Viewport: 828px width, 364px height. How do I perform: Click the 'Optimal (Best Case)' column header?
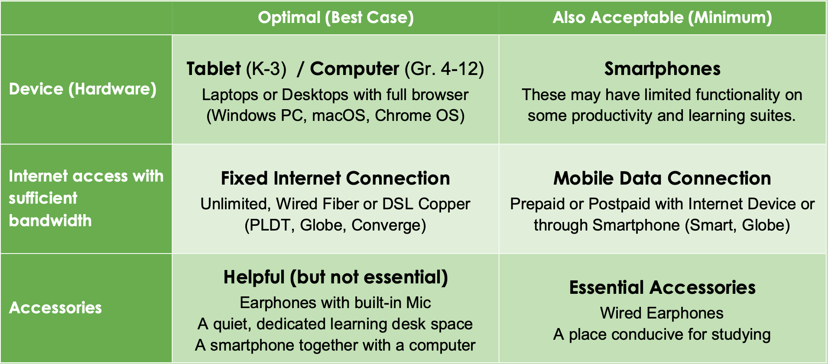pyautogui.click(x=336, y=18)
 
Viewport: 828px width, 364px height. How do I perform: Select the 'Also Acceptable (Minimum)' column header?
pyautogui.click(x=662, y=18)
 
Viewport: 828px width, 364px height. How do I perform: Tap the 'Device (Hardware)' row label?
pyautogui.click(x=83, y=89)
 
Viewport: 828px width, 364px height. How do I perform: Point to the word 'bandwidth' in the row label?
pyautogui.click(x=50, y=221)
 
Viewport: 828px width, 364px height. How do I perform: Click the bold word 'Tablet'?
pyautogui.click(x=214, y=69)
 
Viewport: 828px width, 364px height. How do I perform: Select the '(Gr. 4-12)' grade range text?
pyautogui.click(x=445, y=69)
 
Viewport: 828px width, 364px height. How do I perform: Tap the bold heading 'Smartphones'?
pyautogui.click(x=662, y=69)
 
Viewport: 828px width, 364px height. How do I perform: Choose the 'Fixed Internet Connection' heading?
pyautogui.click(x=335, y=179)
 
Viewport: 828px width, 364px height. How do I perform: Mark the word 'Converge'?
pyautogui.click(x=386, y=225)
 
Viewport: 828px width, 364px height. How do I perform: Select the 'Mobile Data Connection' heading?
pyautogui.click(x=662, y=179)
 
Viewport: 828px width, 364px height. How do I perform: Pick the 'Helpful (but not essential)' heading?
pyautogui.click(x=336, y=277)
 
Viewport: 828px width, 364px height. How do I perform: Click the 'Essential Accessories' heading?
pyautogui.click(x=662, y=288)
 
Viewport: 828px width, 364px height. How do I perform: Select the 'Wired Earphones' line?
pyautogui.click(x=662, y=313)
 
